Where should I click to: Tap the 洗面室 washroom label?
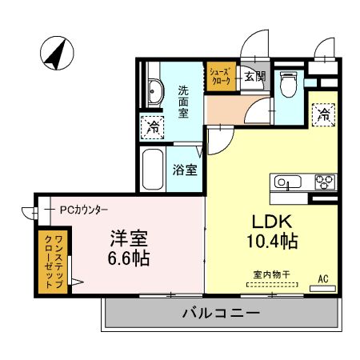pos(183,102)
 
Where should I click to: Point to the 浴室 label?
pos(186,170)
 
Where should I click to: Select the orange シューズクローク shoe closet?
pos(221,77)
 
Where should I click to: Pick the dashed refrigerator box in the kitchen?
pos(323,114)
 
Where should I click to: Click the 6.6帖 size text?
pos(128,258)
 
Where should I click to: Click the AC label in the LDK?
pos(324,278)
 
